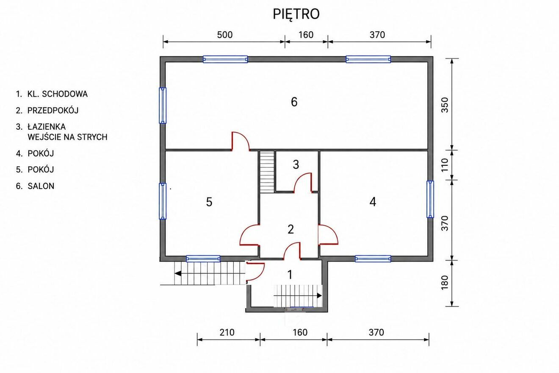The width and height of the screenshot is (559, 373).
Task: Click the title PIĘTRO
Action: point(296,14)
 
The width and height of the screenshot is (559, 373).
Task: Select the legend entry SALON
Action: point(41,186)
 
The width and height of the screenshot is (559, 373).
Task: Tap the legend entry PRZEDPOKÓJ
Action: point(53,111)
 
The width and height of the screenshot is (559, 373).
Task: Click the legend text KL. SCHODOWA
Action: point(58,94)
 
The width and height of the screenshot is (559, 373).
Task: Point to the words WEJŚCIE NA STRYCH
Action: point(67,137)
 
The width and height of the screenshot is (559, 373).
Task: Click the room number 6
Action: point(294,102)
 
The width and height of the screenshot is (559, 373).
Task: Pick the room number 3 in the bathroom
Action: point(296,164)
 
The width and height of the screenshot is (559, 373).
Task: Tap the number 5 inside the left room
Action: point(209,202)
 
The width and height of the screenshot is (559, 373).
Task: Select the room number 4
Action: point(373,202)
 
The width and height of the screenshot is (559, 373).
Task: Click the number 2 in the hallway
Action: point(291,229)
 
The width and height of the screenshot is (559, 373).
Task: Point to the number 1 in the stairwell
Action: point(290,275)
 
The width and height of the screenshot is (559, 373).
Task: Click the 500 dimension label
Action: point(225,35)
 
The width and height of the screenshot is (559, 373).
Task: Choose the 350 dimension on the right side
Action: point(445,105)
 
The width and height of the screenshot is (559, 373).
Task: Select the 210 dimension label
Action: point(227,333)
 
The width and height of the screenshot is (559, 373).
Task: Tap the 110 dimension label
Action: point(445,165)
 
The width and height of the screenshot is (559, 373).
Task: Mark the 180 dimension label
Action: point(445,283)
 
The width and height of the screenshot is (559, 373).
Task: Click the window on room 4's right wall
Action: point(430,199)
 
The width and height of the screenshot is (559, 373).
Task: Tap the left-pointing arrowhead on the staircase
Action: point(178,273)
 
